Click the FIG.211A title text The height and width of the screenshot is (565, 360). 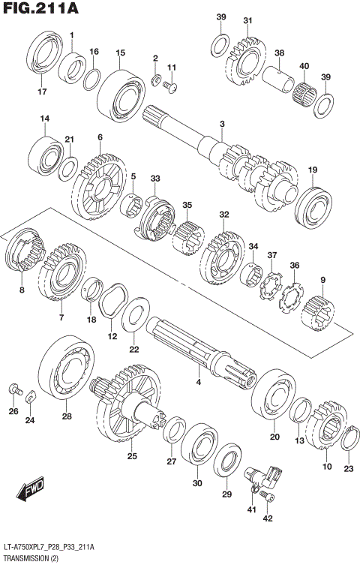(41, 9)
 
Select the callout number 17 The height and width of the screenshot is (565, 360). (42, 92)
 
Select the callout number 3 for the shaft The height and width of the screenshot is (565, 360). (222, 124)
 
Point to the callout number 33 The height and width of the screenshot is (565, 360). (155, 179)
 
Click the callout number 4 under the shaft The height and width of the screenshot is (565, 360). (199, 383)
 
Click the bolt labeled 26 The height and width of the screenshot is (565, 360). (14, 389)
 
